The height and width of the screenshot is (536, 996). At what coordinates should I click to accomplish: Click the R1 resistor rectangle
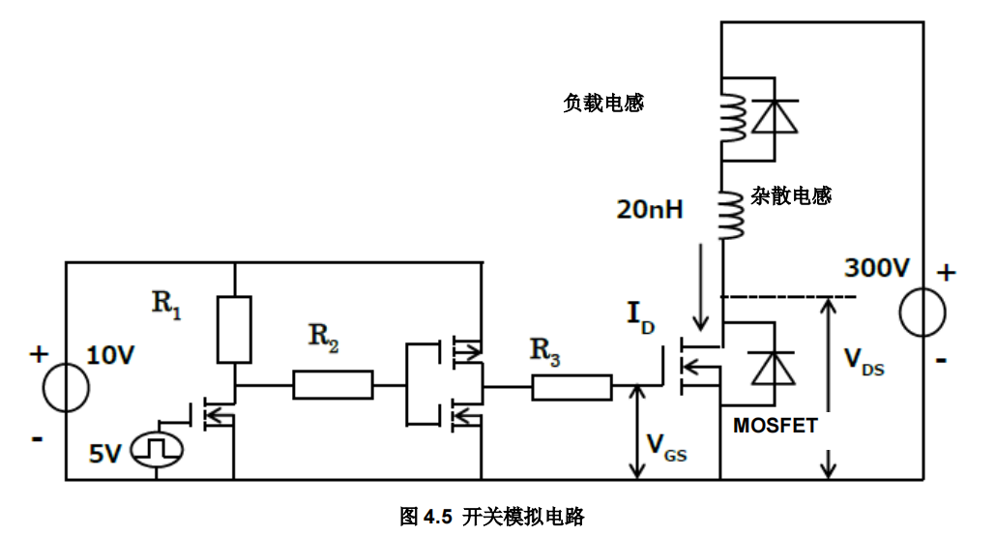234,329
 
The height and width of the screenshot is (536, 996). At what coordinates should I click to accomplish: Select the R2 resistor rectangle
333,385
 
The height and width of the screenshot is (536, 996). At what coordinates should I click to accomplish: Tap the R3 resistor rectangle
571,388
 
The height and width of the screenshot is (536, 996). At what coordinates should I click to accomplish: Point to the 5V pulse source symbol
156,450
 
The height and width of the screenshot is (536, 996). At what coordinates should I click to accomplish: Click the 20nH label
650,207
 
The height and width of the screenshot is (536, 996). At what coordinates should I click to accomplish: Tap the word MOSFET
776,425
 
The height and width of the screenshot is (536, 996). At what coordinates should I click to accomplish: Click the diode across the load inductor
774,116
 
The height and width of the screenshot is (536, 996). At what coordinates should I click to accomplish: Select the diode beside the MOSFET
772,368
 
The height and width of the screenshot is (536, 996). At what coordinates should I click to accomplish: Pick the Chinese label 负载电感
603,103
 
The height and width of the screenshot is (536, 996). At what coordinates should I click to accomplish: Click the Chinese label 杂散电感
791,196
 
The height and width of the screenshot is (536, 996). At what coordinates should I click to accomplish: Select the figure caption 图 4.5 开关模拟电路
492,516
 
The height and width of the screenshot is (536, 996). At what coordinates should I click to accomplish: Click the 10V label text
109,355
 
